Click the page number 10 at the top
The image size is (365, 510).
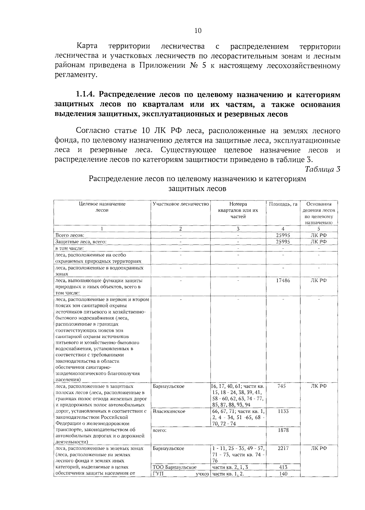pos(198,30)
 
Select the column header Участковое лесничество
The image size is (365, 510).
pos(181,204)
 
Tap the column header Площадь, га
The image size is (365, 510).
pos(283,204)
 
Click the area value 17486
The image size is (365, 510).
pos(283,280)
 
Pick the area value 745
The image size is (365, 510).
pos(282,386)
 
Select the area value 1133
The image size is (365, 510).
pos(283,411)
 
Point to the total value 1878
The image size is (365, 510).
pos(283,430)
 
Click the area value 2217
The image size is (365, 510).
pos(283,448)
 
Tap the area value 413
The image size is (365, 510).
pos(283,467)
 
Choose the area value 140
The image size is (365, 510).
pos(283,474)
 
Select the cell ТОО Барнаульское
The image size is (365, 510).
pos(175,467)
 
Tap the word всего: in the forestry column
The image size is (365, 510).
pos(160,430)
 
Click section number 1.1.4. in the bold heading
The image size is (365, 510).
pos(86,94)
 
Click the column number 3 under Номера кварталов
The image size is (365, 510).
pos(238,229)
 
